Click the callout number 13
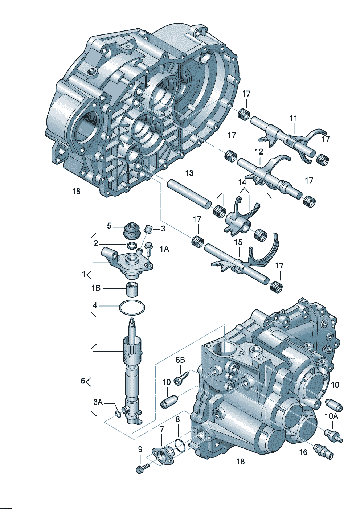pos(189,173)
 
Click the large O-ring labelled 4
pos(132,308)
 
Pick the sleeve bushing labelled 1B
pos(133,290)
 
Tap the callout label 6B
pos(180,360)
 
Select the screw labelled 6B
pos(181,377)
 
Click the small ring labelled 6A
pos(118,414)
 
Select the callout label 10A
pos(331,416)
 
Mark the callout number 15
pos(238,242)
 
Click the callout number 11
pos(293,118)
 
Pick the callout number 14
pos(242,182)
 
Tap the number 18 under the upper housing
pos(76,191)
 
